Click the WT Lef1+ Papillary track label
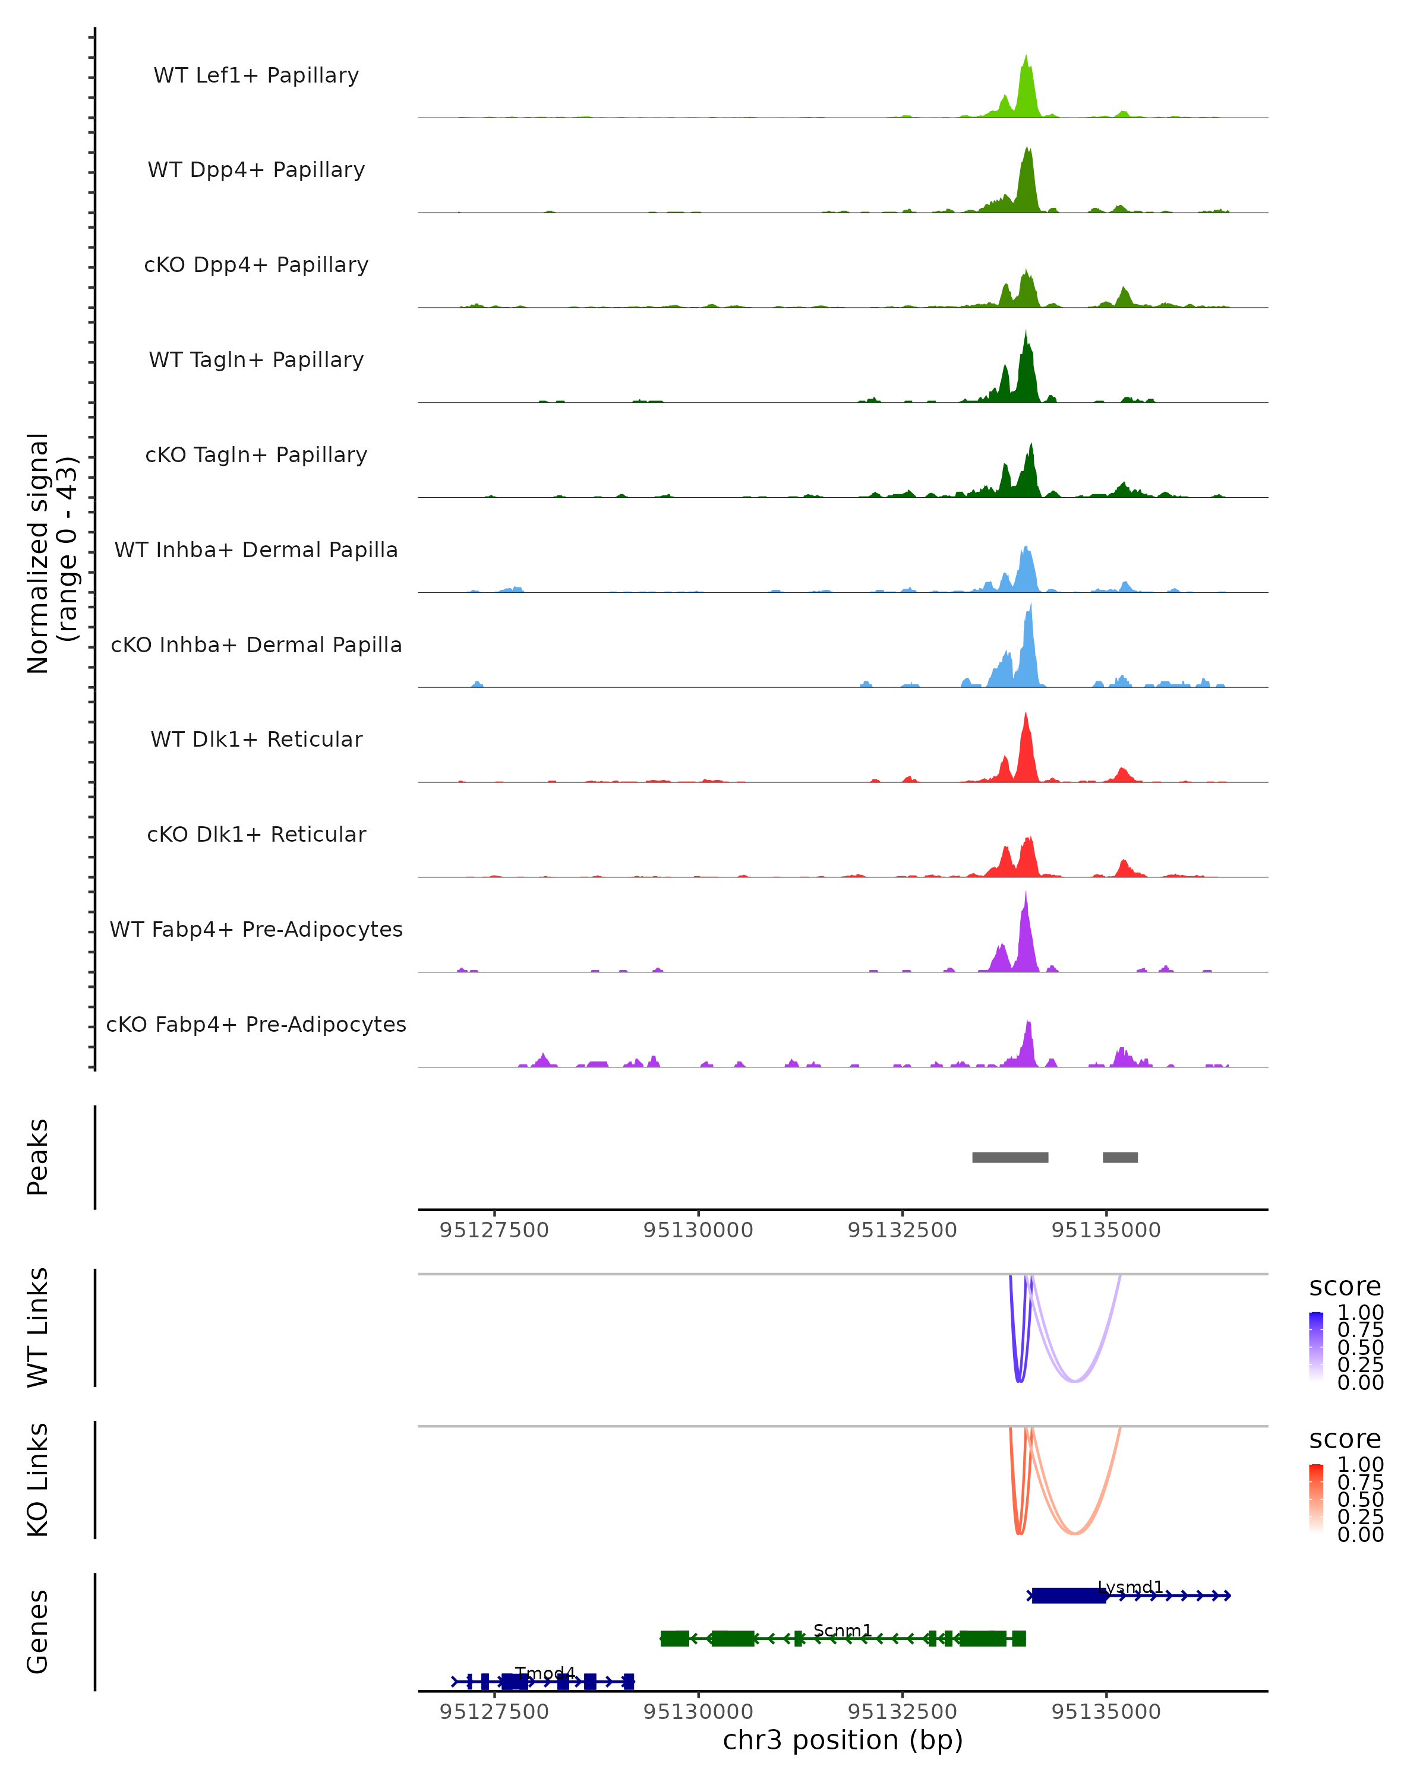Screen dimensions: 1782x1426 [x=256, y=75]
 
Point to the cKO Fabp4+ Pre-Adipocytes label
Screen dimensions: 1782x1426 [x=256, y=1024]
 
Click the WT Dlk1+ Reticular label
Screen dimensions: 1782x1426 [x=256, y=739]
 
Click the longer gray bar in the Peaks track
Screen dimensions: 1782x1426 [x=1009, y=1157]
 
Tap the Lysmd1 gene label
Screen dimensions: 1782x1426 [x=1130, y=1587]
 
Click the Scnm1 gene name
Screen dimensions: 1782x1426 [x=843, y=1630]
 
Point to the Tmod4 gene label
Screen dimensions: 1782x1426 [x=545, y=1673]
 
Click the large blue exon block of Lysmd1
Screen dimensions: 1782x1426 [x=1068, y=1595]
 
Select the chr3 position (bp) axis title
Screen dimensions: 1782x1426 [x=843, y=1740]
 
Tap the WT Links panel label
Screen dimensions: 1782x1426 [x=38, y=1326]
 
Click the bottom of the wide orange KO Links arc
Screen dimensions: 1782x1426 [x=1074, y=1533]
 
